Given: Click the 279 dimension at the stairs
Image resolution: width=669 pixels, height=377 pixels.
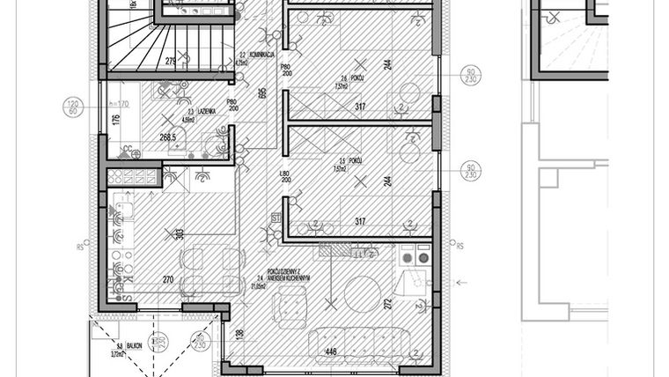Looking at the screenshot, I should click(172, 61).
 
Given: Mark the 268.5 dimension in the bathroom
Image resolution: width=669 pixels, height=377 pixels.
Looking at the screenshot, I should click(166, 137).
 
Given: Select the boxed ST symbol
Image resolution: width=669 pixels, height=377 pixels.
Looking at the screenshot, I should click(275, 217).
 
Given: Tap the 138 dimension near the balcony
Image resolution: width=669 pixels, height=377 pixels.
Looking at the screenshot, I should click(240, 334).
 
